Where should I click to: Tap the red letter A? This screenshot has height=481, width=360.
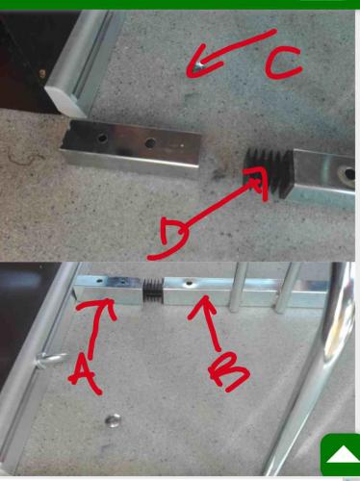point(84,373)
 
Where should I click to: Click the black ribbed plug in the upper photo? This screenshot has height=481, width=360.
point(269,172)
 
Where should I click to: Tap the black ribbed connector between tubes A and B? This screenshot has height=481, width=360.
point(153,291)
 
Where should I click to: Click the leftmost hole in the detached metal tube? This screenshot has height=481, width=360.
point(102,139)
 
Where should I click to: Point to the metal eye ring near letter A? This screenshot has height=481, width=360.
point(52,359)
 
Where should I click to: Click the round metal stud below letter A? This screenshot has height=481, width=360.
point(113,420)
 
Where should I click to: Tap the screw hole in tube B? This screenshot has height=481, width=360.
point(189,283)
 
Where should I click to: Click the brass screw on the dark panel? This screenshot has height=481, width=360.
point(42,73)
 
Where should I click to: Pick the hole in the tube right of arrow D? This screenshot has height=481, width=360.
point(348,174)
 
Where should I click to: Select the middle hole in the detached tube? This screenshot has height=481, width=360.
point(150,142)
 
